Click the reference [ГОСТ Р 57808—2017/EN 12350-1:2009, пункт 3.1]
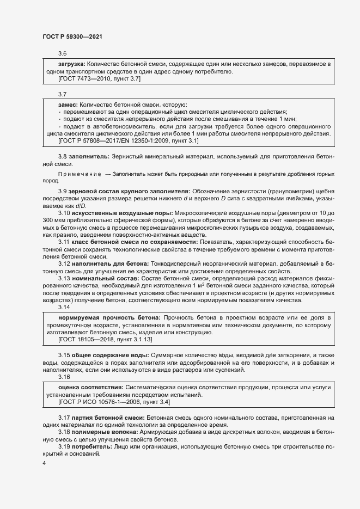click(x=128, y=140)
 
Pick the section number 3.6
click(x=62, y=53)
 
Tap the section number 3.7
click(x=62, y=94)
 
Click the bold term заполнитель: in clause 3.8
click(x=89, y=156)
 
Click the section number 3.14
click(x=64, y=306)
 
